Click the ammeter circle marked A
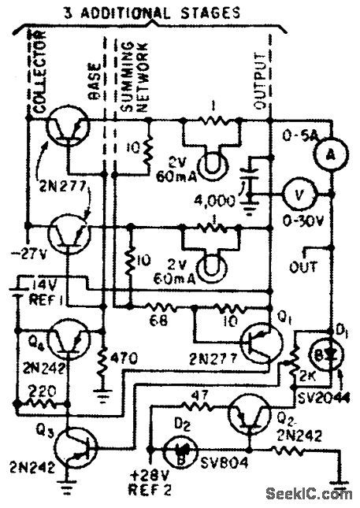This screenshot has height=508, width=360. coord(331,156)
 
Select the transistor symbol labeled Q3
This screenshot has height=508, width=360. coord(72,445)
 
